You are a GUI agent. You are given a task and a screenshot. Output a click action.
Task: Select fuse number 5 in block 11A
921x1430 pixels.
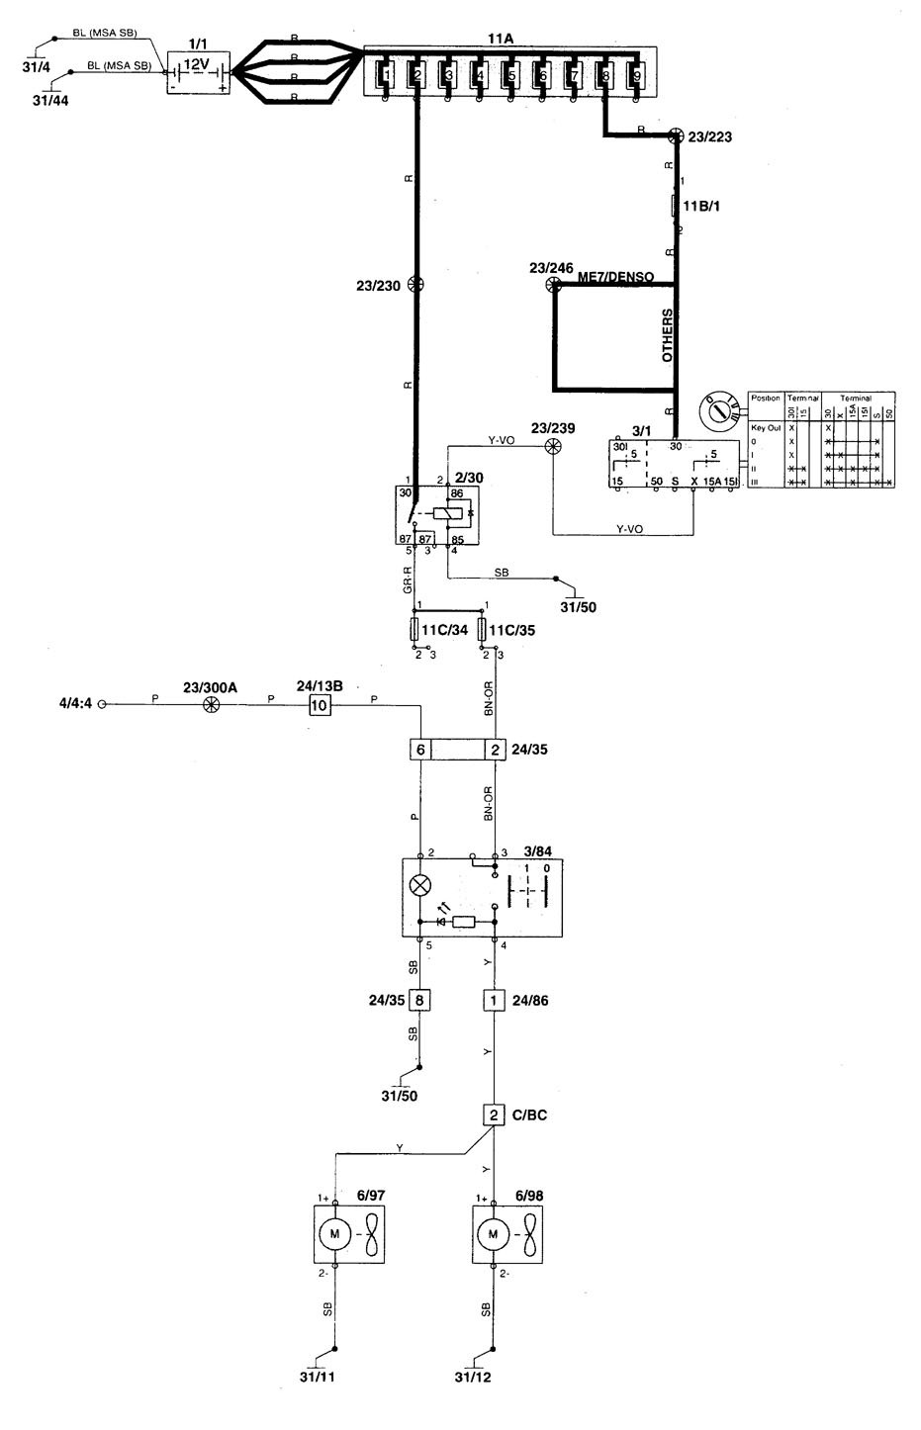point(510,74)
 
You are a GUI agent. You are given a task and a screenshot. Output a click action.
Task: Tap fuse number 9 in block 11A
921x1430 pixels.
point(636,74)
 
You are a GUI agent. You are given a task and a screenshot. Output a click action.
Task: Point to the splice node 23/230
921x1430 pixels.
point(416,285)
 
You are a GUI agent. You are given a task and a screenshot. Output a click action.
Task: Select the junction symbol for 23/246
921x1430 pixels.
point(554,285)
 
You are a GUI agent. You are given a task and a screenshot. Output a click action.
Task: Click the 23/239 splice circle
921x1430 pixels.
point(554,446)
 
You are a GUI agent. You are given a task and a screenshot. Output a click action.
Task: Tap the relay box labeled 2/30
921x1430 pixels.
point(430,514)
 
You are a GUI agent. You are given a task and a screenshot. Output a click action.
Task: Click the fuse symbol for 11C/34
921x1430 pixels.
point(416,629)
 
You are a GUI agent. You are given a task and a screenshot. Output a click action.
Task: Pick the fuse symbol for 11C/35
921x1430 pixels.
point(484,629)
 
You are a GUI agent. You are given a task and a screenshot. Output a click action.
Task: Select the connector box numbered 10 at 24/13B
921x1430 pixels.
point(319,705)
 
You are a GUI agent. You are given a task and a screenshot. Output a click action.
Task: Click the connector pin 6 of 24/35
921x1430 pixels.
point(420,750)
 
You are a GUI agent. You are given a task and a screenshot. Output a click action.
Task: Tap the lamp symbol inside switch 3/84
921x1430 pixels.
point(420,884)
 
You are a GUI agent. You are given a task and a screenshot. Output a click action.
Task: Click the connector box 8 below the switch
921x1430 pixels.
point(420,1000)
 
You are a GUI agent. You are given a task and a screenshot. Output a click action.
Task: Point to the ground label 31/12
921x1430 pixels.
point(472,1378)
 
